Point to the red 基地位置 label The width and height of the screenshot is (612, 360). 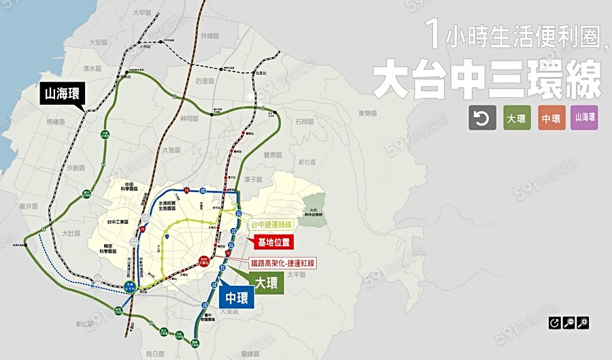click(273, 242)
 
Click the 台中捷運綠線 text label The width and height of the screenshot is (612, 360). click(271, 224)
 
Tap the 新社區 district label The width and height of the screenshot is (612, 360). click(307, 162)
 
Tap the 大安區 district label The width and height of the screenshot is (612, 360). click(99, 42)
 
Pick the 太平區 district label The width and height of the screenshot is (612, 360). click(296, 274)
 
